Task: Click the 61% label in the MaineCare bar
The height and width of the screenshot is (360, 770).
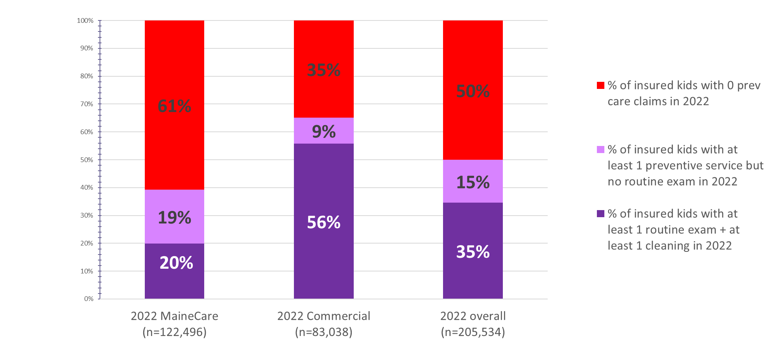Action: pyautogui.click(x=174, y=106)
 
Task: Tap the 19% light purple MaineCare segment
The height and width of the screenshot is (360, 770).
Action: pyautogui.click(x=174, y=217)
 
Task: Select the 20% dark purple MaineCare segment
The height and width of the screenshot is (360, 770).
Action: pyautogui.click(x=174, y=271)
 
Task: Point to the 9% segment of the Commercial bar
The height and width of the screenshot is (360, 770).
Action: pyautogui.click(x=323, y=131)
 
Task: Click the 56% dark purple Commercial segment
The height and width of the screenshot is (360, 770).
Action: pyautogui.click(x=323, y=222)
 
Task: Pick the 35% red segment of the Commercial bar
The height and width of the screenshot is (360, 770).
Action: pyautogui.click(x=323, y=70)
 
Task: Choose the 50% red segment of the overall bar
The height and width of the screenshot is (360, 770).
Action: pyautogui.click(x=473, y=91)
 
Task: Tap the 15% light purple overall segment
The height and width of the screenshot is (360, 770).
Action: pyautogui.click(x=473, y=182)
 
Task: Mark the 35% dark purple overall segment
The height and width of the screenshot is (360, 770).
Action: pyautogui.click(x=473, y=252)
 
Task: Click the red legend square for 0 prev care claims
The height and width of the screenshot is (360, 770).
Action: pyautogui.click(x=600, y=85)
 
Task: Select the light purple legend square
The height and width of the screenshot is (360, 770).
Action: pyautogui.click(x=600, y=150)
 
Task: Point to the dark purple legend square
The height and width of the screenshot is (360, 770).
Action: pyautogui.click(x=600, y=214)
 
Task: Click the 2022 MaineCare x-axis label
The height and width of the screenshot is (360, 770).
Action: pyautogui.click(x=174, y=316)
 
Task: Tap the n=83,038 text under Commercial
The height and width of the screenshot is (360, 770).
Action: pyautogui.click(x=323, y=332)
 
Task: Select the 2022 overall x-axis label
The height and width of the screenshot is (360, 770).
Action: pyautogui.click(x=473, y=316)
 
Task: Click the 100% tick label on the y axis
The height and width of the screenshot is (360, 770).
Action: pyautogui.click(x=85, y=20)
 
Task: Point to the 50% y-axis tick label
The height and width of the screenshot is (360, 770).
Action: pyautogui.click(x=87, y=160)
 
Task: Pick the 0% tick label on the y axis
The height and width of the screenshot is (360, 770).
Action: pyautogui.click(x=89, y=299)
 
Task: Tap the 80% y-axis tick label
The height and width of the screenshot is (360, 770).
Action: pyautogui.click(x=87, y=76)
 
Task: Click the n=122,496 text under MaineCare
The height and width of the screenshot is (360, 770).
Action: pyautogui.click(x=174, y=332)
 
